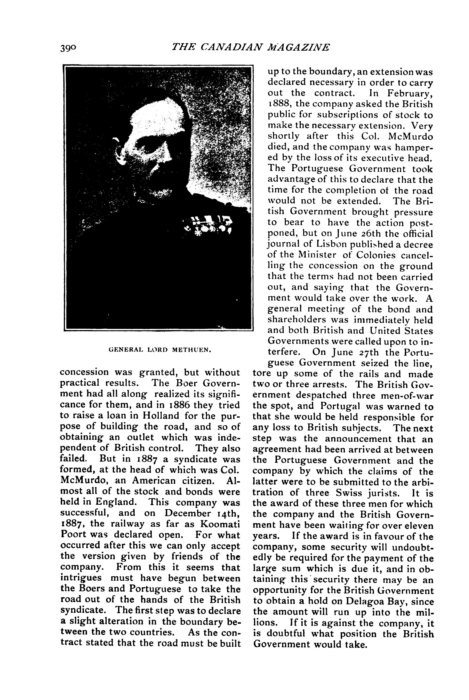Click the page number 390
pos(68,48)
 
